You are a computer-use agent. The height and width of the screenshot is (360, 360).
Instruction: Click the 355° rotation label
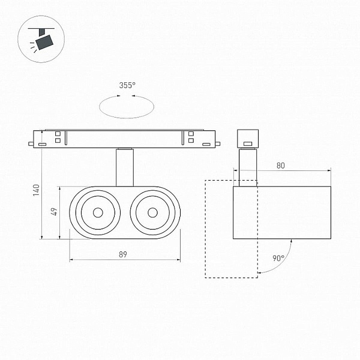(x=127, y=85)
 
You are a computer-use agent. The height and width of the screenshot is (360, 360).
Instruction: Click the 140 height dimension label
(x=36, y=190)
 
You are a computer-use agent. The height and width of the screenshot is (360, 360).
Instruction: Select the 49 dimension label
(x=55, y=211)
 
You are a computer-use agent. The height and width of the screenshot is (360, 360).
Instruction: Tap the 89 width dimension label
(x=123, y=254)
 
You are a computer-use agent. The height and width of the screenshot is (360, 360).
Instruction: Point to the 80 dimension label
(x=281, y=166)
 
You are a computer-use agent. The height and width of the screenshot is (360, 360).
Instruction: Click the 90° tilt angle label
(x=278, y=258)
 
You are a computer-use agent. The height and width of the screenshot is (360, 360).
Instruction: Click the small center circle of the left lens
(x=98, y=212)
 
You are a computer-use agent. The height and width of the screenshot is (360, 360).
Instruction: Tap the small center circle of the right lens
(x=152, y=212)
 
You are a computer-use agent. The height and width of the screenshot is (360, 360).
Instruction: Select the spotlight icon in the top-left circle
(x=41, y=39)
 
